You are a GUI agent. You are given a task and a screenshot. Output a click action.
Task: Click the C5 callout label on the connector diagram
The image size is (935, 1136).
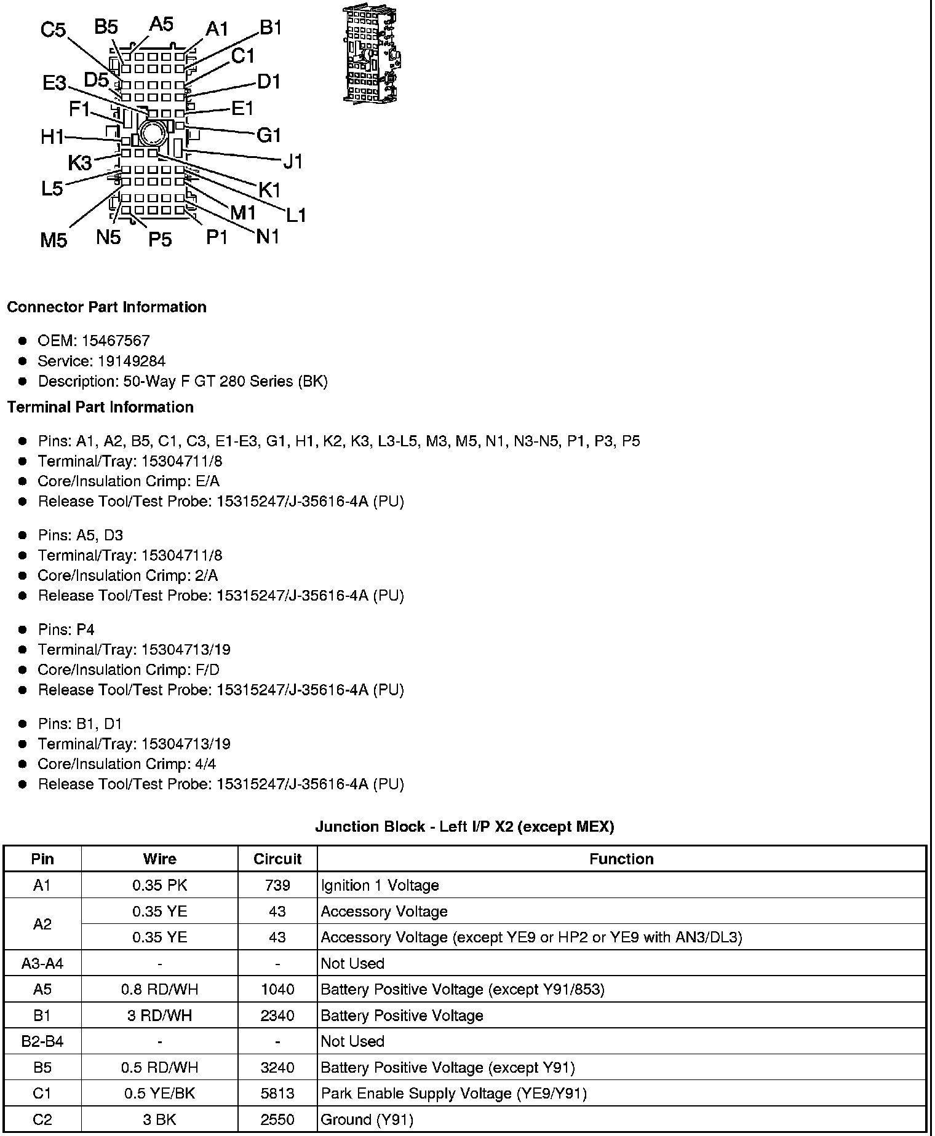[x=54, y=30]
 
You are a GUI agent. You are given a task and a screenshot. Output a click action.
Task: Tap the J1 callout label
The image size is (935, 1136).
[x=293, y=161]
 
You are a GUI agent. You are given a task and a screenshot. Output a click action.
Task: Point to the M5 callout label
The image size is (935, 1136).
[x=54, y=240]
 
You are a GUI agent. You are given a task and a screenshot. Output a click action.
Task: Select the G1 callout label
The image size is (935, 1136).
[x=268, y=135]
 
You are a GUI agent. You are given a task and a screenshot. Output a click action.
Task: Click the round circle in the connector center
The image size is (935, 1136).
[x=151, y=133]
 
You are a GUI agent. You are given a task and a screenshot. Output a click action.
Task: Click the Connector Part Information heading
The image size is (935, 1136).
[x=106, y=307]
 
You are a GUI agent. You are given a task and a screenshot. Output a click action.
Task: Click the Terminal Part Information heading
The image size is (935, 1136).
[x=100, y=407]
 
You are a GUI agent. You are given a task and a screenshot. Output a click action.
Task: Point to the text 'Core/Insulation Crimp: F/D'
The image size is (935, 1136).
[x=129, y=669]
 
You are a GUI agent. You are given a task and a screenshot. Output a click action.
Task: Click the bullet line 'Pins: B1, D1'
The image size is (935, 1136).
[x=80, y=724]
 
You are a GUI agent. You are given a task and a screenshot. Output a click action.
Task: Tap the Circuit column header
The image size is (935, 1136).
[x=277, y=859]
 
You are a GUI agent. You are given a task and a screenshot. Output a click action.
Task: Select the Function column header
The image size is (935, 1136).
[x=621, y=859]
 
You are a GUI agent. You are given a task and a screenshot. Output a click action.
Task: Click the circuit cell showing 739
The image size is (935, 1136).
[x=277, y=885]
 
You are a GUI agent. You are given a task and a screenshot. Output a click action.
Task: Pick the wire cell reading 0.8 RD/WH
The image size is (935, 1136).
[x=159, y=989]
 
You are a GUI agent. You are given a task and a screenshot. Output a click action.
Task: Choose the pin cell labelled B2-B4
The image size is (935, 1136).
[x=42, y=1041]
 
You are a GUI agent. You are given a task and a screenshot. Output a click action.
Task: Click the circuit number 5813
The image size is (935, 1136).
[x=277, y=1093]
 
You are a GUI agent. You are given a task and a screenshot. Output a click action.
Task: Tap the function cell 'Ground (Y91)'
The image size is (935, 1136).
[x=367, y=1119]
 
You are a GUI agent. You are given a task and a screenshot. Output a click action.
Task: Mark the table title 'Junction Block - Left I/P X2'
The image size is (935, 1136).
[x=464, y=827]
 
